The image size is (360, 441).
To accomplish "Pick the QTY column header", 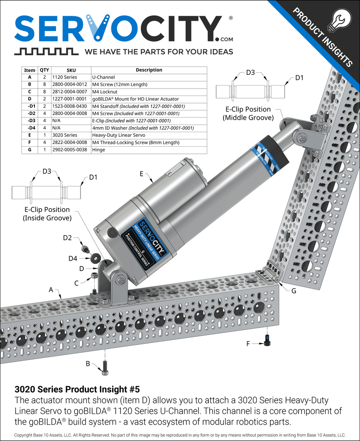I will click(x=44, y=70).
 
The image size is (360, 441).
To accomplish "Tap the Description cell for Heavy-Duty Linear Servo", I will click(x=118, y=135).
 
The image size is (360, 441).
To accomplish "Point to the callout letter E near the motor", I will click(x=142, y=174).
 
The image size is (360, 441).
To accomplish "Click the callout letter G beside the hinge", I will click(x=294, y=291).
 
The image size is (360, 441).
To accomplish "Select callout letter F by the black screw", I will click(x=249, y=343).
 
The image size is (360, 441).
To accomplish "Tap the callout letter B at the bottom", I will click(x=88, y=364).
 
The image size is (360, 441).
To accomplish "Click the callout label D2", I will click(x=67, y=238).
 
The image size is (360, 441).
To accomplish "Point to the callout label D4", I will click(x=73, y=259).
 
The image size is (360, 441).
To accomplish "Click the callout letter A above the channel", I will click(x=51, y=290).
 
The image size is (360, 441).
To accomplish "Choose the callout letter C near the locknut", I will click(x=76, y=283).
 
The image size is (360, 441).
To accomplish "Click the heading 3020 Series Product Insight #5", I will click(x=77, y=389).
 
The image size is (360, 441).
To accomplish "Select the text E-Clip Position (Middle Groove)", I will click(x=248, y=113).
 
